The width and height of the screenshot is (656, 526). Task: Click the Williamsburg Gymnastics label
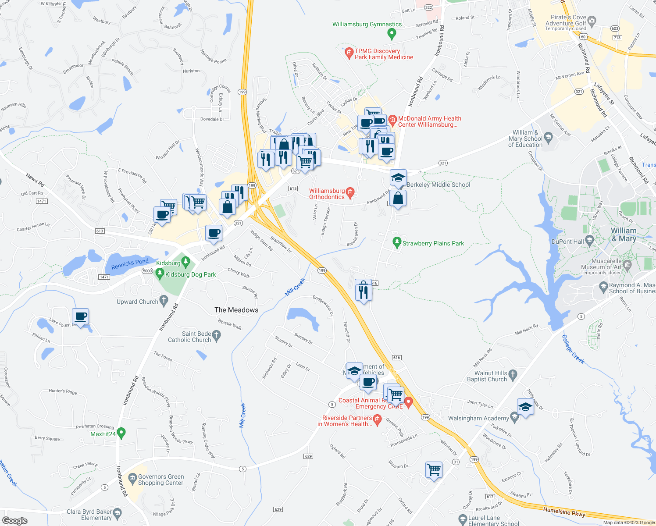[x=367, y=25]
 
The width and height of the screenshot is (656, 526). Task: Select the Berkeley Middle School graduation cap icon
[x=398, y=178]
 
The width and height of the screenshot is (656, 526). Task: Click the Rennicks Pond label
[x=130, y=264]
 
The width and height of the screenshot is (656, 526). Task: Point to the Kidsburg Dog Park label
[x=190, y=275]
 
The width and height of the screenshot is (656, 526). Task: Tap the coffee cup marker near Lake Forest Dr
[x=81, y=316]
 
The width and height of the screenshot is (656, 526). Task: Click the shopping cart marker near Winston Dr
[x=434, y=470]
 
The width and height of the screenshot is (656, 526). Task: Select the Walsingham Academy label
[x=478, y=419]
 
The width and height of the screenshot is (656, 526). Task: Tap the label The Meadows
[x=236, y=310]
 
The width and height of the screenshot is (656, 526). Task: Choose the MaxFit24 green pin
[x=121, y=433]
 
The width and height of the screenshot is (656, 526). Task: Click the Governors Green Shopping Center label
[x=160, y=480]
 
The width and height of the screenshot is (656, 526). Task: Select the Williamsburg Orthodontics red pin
[x=350, y=192]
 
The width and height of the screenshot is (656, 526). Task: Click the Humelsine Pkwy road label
[x=564, y=512]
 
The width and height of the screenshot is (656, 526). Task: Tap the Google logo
[x=14, y=521]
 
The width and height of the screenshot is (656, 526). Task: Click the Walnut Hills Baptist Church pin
[x=513, y=374]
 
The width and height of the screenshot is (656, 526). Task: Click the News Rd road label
[x=35, y=180]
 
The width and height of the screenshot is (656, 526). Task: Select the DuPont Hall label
[x=568, y=242]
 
